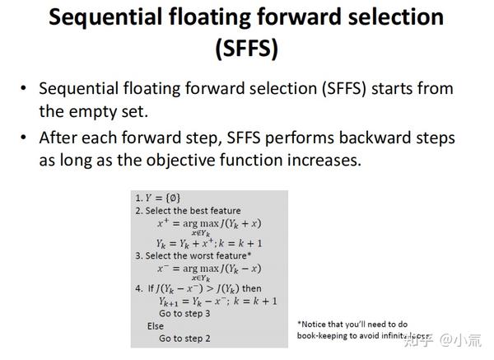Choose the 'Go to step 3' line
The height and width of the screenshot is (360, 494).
[x=184, y=313]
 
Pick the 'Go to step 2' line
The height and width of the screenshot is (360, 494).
[x=184, y=338]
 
